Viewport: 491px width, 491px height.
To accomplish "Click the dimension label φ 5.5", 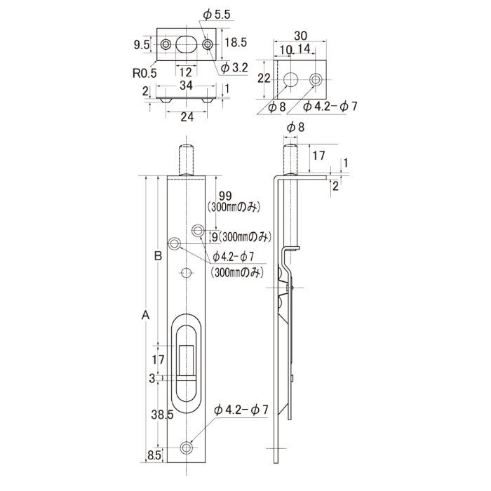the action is (216, 15).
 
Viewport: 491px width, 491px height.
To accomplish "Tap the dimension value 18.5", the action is (236, 43).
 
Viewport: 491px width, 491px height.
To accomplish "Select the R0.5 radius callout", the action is (144, 73).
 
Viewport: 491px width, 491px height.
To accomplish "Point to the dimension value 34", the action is (186, 86).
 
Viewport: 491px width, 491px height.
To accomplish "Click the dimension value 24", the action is (187, 117).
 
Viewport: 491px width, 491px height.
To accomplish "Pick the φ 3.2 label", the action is (234, 67).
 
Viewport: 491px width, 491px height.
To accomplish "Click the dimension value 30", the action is (300, 36).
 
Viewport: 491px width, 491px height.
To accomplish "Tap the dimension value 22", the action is (264, 79).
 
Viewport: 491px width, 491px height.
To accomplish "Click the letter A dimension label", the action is (146, 315).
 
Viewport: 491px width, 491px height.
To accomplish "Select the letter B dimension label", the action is (159, 256).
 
